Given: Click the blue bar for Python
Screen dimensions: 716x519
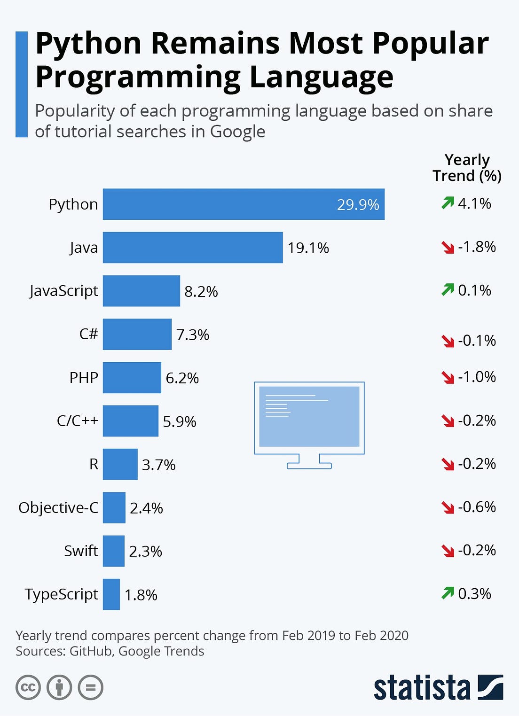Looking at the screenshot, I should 244,204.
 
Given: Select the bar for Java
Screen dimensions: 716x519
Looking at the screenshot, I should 193,248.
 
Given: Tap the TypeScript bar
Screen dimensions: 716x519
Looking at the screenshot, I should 111,594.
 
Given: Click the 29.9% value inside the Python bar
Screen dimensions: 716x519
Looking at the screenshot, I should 358,205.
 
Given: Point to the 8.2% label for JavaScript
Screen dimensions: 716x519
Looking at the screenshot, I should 201,292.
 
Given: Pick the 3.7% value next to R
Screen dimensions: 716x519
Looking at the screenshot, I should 158,465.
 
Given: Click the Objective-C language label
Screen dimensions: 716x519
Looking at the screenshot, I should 58,508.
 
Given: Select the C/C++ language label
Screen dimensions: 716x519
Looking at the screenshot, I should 77,420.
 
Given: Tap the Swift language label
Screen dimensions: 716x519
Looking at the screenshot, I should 81,551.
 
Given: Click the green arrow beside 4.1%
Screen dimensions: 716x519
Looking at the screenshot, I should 448,203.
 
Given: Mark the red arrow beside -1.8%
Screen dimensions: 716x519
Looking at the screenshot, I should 448,247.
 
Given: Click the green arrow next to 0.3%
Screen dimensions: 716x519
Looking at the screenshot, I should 448,593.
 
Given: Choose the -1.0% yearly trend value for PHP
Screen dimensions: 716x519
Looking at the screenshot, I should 477,377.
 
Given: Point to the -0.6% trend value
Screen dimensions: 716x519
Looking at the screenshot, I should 477,507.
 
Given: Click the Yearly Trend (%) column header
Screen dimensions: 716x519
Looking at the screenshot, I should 467,168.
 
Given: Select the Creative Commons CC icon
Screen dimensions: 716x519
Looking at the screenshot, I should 28,688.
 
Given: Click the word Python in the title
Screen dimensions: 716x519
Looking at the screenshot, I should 88,44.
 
